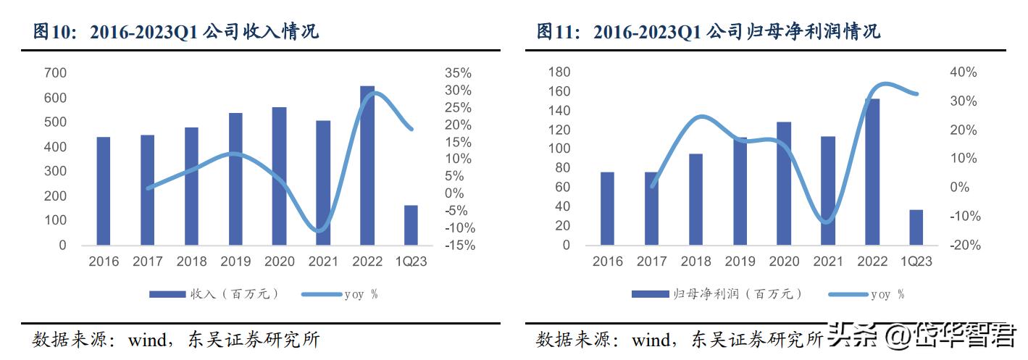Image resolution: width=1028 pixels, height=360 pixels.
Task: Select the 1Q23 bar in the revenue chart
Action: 411,225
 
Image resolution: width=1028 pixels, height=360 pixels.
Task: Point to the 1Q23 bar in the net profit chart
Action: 916,227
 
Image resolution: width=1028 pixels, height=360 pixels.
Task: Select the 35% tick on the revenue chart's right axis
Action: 458,73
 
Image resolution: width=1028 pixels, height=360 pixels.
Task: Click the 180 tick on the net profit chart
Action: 560,72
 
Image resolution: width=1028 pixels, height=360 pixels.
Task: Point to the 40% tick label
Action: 964,72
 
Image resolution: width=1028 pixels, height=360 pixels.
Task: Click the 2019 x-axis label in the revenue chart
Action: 235,261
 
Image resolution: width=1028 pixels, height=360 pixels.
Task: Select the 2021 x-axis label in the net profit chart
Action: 827,261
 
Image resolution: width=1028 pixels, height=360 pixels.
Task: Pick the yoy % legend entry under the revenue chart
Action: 360,293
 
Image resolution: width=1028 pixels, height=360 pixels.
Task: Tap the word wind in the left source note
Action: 148,340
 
